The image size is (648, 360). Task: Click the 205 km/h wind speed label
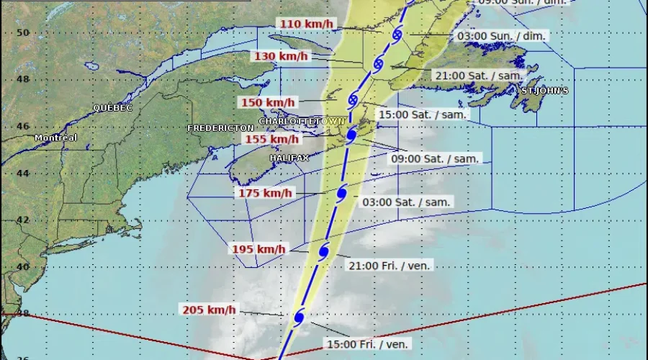pos(209,310)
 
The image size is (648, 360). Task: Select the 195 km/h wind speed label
pos(258,249)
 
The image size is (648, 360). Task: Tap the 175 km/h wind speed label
pos(266,193)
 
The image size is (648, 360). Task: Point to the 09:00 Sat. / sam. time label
pos(435,159)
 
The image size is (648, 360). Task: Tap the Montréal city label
pos(55,138)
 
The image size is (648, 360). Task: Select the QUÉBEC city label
pos(112,107)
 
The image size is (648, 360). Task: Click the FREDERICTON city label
pos(220,127)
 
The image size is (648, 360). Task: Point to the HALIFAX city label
pos(289,157)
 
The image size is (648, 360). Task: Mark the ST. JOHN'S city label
pos(544,91)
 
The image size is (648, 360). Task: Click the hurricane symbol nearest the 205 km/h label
pos(299,316)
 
